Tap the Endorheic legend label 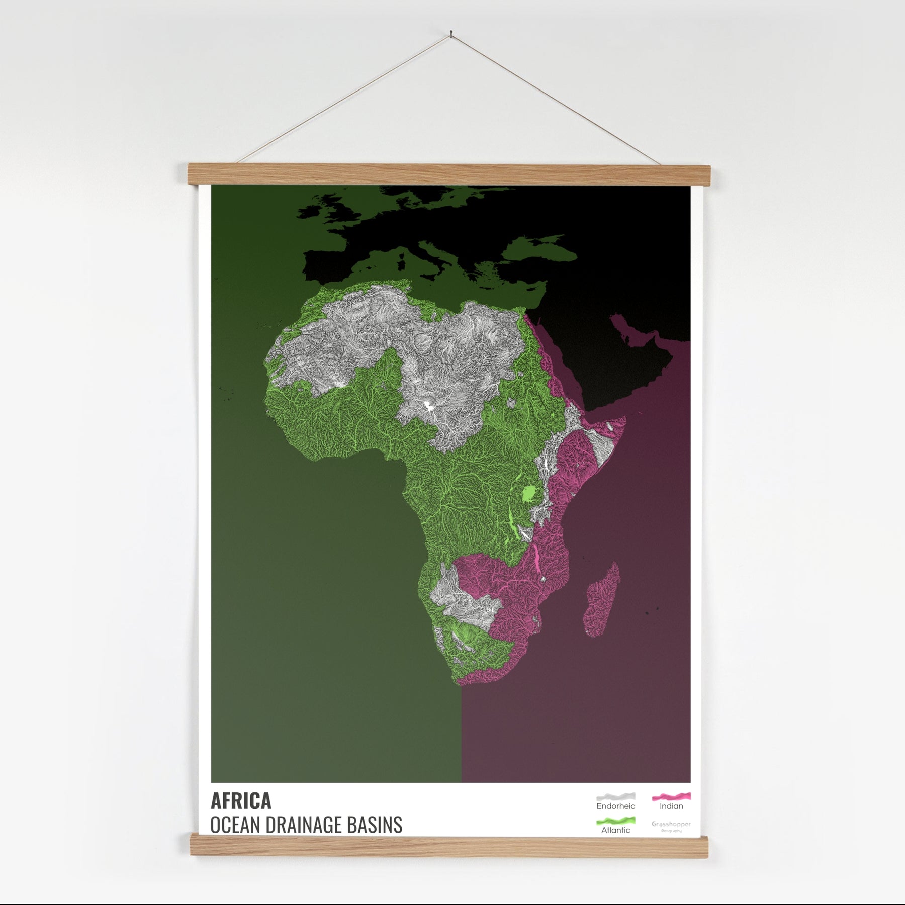[x=615, y=806]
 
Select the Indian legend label [x=671, y=806]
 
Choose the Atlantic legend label [x=615, y=830]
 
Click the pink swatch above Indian [x=671, y=796]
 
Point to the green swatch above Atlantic [x=615, y=821]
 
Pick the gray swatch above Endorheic [x=615, y=797]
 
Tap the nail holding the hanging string [x=451, y=34]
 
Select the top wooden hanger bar [x=449, y=174]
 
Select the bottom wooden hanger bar [x=449, y=846]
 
